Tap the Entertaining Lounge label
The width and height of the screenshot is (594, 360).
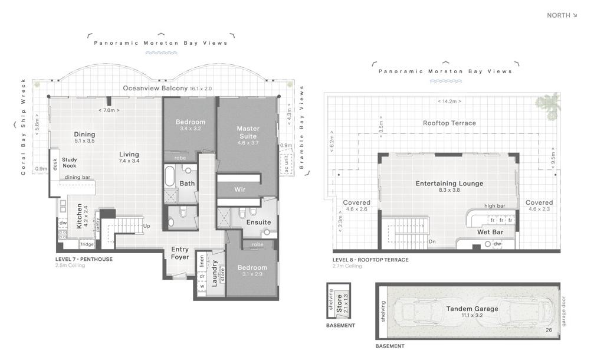(x=449, y=184)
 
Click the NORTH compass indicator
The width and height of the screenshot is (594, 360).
(x=562, y=15)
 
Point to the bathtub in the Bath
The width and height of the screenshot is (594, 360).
(x=170, y=176)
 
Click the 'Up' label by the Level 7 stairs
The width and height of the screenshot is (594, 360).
(x=147, y=225)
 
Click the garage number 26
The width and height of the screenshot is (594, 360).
(x=549, y=330)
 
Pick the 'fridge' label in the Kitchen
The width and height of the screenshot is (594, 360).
(x=87, y=244)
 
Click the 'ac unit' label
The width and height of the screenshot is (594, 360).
(x=287, y=162)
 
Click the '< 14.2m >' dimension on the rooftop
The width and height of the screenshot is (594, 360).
(x=449, y=101)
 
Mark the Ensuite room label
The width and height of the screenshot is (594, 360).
(x=259, y=222)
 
